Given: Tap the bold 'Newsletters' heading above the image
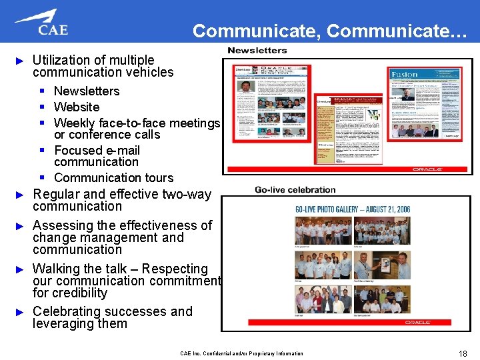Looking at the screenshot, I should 257,50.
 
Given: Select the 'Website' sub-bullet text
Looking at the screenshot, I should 77,107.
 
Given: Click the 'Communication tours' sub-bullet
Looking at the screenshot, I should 113,177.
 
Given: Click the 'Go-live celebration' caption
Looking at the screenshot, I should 295,190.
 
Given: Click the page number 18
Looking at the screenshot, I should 463,353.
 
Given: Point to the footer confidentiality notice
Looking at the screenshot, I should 241,353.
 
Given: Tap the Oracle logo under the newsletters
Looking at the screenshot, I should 427,169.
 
